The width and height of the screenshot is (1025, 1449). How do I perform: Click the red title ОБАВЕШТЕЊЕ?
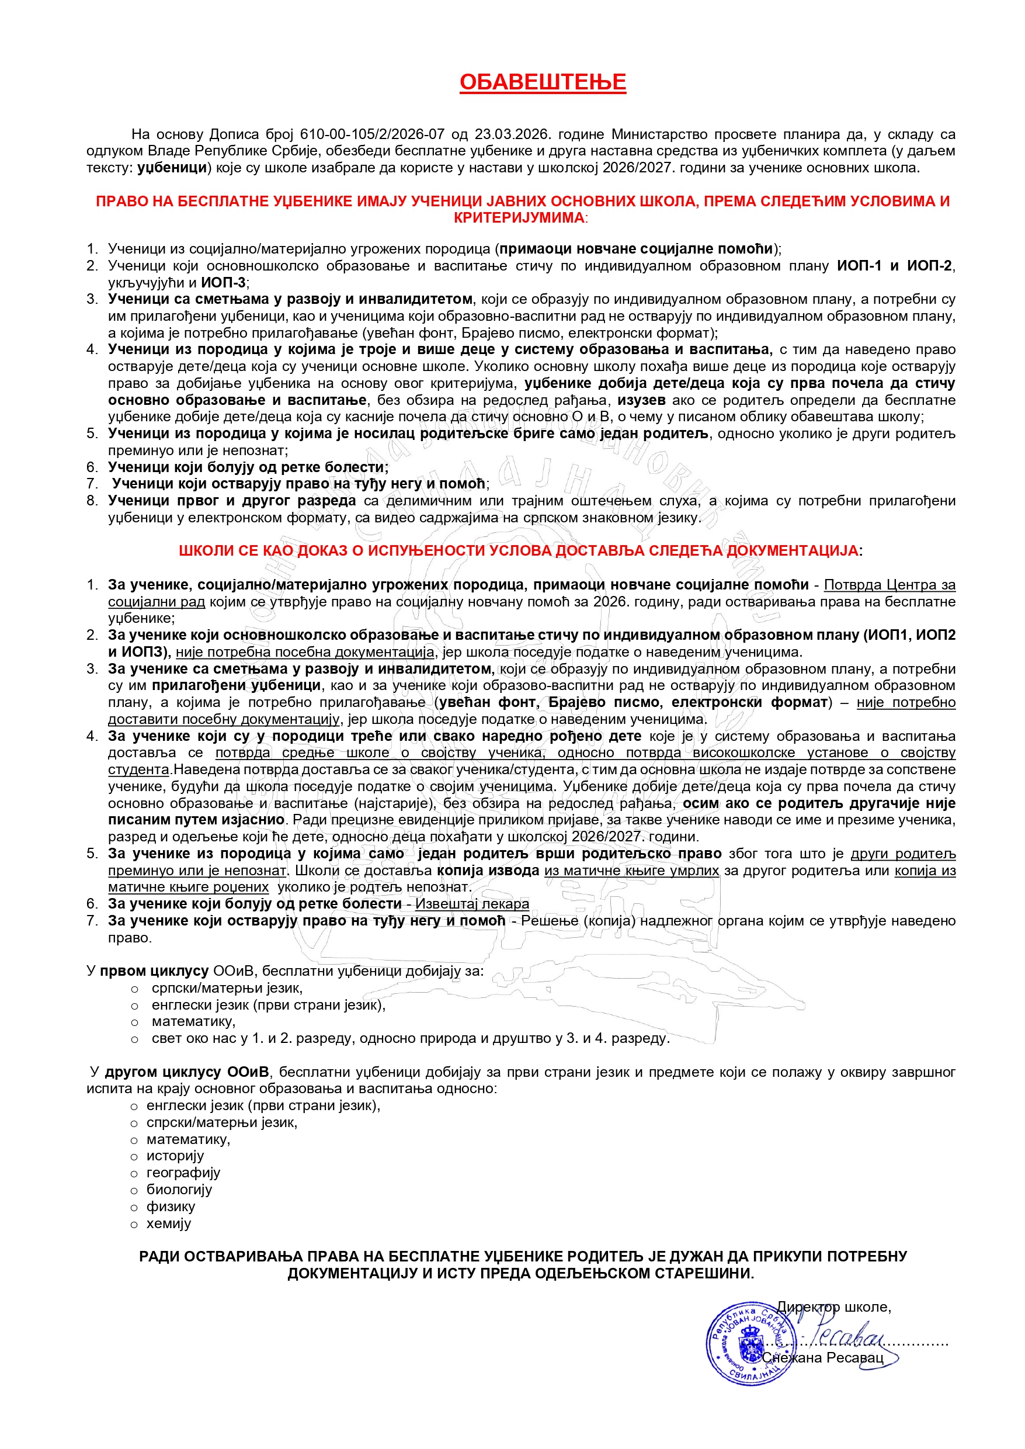tap(542, 82)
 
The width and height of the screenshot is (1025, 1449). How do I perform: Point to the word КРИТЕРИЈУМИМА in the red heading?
tap(519, 218)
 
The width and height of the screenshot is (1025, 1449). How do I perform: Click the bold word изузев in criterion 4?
tap(641, 400)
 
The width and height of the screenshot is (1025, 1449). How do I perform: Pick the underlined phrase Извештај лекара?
tap(472, 904)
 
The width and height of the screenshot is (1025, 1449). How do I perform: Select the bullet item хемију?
tap(169, 1223)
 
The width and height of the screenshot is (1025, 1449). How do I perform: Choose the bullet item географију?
tap(183, 1173)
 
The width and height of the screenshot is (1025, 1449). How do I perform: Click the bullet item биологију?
tap(179, 1190)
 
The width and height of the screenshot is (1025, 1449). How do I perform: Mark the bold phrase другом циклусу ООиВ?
tap(187, 1072)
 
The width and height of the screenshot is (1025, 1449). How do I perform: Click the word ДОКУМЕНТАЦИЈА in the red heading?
tap(793, 550)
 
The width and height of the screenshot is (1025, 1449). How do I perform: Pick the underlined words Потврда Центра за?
tap(890, 585)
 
